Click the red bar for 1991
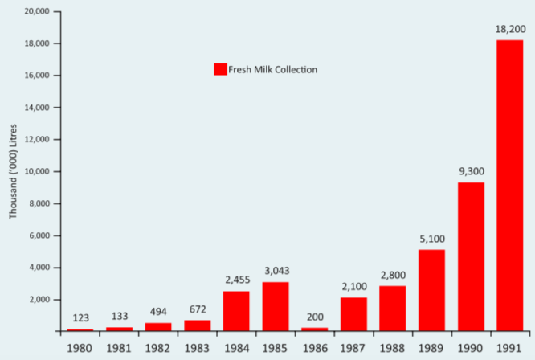click(509, 185)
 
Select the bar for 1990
click(470, 256)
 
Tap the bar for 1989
click(431, 289)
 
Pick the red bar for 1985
click(276, 306)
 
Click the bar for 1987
click(353, 313)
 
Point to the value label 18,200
click(509, 29)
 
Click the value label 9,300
click(471, 171)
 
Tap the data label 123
click(80, 317)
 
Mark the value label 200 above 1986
click(314, 317)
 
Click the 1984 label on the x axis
click(236, 349)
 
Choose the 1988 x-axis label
click(392, 349)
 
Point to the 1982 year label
click(158, 349)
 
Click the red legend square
click(219, 69)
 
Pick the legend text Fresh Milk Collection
click(273, 69)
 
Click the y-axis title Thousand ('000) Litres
click(13, 172)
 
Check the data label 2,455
click(236, 280)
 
